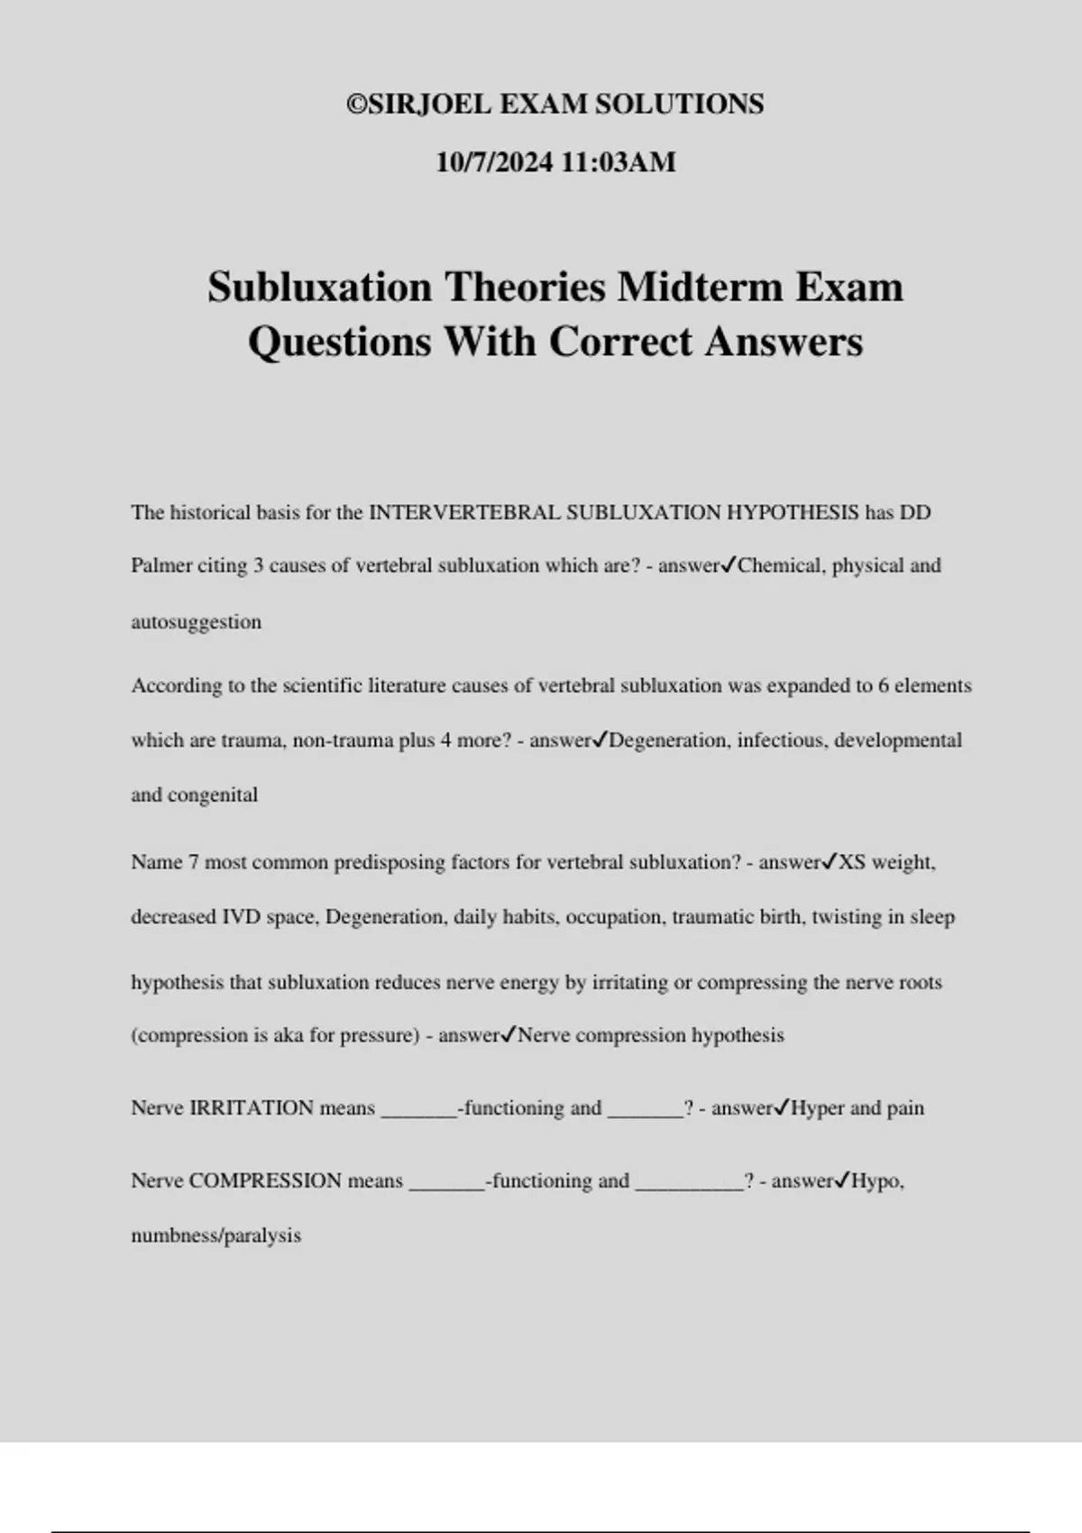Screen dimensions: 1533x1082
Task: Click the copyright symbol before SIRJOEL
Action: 356,105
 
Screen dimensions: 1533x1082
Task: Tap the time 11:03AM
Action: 619,162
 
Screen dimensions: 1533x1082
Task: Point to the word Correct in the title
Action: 620,342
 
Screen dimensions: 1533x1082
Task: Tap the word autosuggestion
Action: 196,622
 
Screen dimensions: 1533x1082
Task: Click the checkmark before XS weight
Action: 830,862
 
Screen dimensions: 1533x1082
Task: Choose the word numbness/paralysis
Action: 215,1236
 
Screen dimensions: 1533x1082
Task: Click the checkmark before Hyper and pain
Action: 782,1107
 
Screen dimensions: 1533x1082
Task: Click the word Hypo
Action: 876,1181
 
